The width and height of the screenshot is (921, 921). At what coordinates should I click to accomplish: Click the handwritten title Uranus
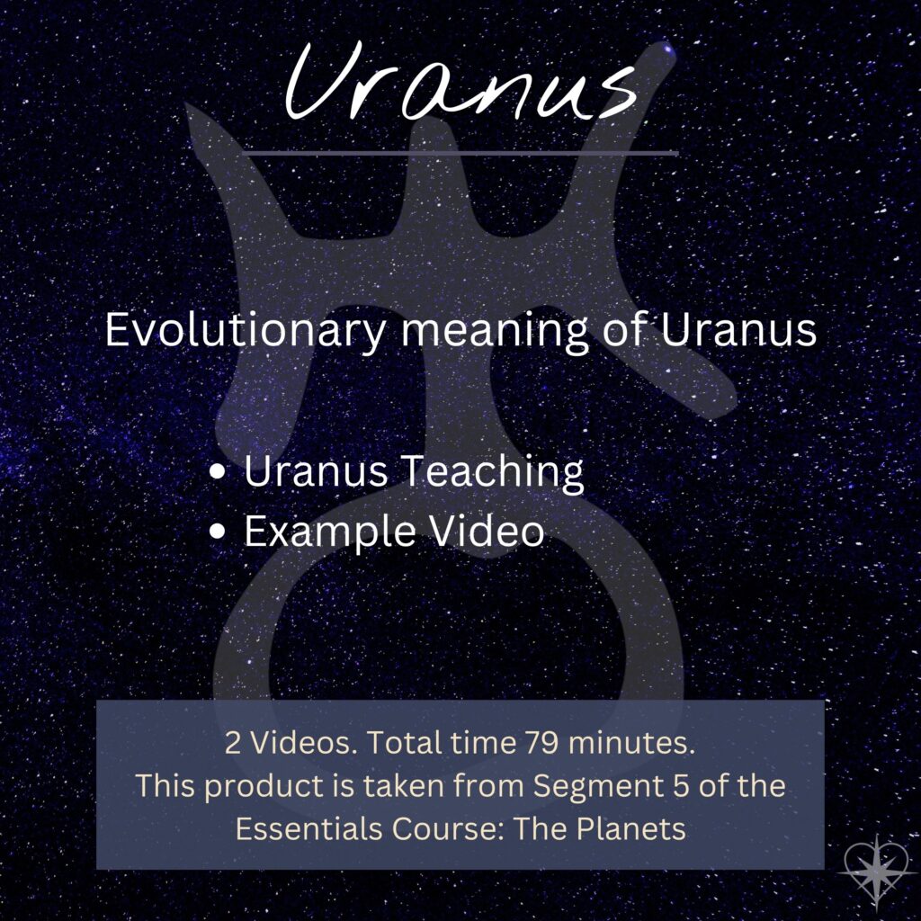pos(461,82)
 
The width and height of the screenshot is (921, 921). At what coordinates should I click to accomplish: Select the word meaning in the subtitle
pos(494,333)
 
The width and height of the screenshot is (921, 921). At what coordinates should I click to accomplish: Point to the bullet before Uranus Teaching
pos(218,472)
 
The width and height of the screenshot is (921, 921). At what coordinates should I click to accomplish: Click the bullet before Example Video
pos(218,532)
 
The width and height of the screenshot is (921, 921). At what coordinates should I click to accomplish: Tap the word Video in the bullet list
pos(487,531)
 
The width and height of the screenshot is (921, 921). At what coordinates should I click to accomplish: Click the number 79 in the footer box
pos(541,743)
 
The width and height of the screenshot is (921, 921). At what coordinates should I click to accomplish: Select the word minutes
pos(631,743)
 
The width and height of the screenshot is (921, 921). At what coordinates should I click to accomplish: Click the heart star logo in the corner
pos(875,870)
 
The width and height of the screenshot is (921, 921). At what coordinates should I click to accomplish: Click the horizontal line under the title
pos(460,153)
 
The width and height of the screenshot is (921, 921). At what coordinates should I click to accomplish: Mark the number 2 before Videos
pos(233,743)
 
